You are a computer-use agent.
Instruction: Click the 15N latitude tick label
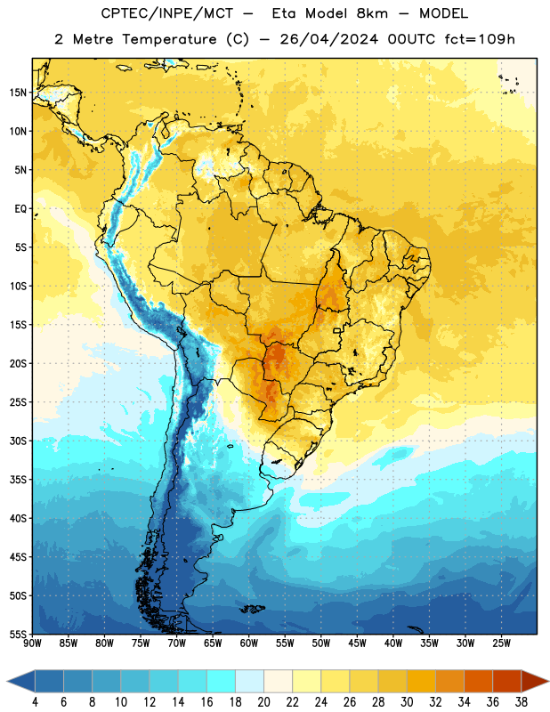(18, 93)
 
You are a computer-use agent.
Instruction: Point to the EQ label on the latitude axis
(20, 209)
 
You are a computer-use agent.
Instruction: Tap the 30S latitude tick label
(18, 441)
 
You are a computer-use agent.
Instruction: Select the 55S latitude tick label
(18, 634)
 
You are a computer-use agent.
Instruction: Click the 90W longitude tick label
(32, 643)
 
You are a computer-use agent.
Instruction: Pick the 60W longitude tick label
(249, 643)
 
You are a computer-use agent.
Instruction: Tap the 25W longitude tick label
(501, 643)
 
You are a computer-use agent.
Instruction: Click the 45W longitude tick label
(357, 643)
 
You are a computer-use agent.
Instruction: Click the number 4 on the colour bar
(35, 702)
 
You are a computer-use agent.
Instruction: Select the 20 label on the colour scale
(263, 702)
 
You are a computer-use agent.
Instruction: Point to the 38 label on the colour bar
(522, 702)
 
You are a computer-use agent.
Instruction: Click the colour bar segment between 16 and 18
(222, 682)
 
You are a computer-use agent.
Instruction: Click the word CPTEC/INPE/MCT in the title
(167, 13)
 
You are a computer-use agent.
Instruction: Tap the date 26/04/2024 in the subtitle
(328, 39)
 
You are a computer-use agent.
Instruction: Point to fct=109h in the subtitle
(480, 39)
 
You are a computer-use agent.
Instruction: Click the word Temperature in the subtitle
(169, 39)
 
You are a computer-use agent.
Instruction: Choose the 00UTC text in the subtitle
(411, 39)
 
